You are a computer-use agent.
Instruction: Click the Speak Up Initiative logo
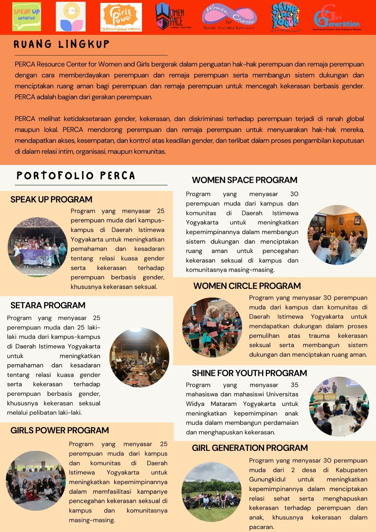[x=27, y=17]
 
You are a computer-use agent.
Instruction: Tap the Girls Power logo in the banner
[x=121, y=17]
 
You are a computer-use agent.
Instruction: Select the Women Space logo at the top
[x=170, y=17]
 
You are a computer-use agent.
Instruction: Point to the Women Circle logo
[x=229, y=17]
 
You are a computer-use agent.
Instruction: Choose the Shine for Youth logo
[x=285, y=17]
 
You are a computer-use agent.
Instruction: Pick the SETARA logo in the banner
[x=71, y=17]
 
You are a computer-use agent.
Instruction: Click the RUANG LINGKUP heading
[x=62, y=44]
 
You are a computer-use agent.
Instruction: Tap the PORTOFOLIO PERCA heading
[x=76, y=176]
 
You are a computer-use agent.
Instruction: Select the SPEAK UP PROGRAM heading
[x=51, y=199]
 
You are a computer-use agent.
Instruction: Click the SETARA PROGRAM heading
[x=48, y=305]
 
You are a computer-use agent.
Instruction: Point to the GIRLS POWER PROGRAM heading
[x=60, y=430]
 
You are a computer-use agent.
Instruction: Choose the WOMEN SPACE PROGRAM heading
[x=244, y=180]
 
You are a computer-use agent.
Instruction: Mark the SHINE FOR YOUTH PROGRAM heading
[x=249, y=373]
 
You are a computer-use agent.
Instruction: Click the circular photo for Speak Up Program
[x=37, y=247]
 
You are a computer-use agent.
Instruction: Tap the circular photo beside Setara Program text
[x=139, y=357]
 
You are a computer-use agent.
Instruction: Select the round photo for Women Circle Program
[x=212, y=327]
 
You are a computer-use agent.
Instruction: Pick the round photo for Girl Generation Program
[x=211, y=492]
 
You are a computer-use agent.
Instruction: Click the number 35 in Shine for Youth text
[x=295, y=385]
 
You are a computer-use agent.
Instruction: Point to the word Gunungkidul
[x=267, y=479]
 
